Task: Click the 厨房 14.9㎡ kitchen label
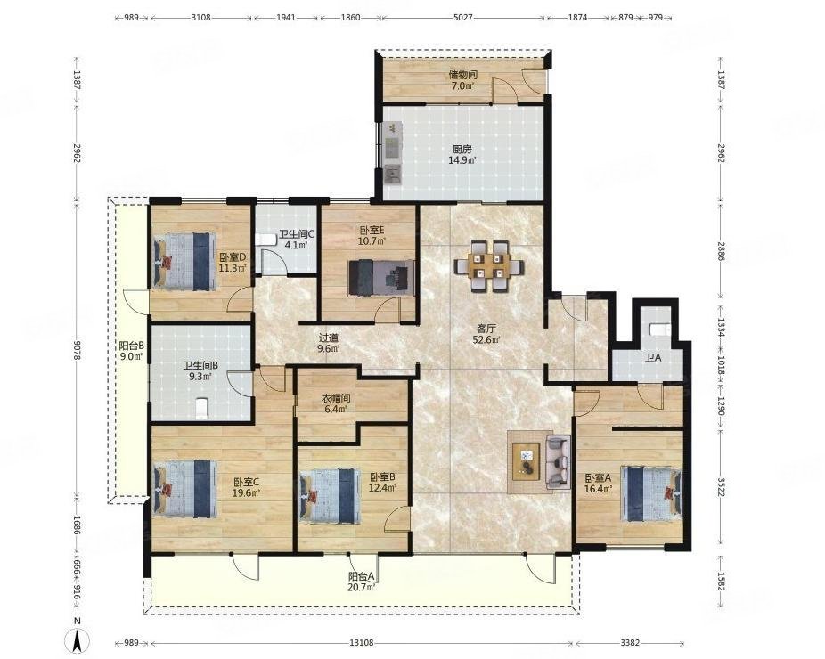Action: tap(462, 155)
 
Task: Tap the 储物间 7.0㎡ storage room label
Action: tap(462, 80)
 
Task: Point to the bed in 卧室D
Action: tap(185, 262)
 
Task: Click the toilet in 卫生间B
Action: tap(202, 409)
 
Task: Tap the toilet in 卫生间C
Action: tap(266, 240)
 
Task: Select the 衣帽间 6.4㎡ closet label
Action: tap(337, 403)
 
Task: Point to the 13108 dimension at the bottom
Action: tap(362, 643)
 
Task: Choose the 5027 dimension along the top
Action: tap(463, 17)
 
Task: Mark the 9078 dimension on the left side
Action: tap(77, 350)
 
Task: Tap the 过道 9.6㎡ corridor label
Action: tap(329, 343)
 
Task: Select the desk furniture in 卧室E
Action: tap(381, 277)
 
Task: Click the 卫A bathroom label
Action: tap(653, 358)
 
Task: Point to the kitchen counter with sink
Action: tap(393, 153)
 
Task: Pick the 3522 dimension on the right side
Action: tap(720, 492)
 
